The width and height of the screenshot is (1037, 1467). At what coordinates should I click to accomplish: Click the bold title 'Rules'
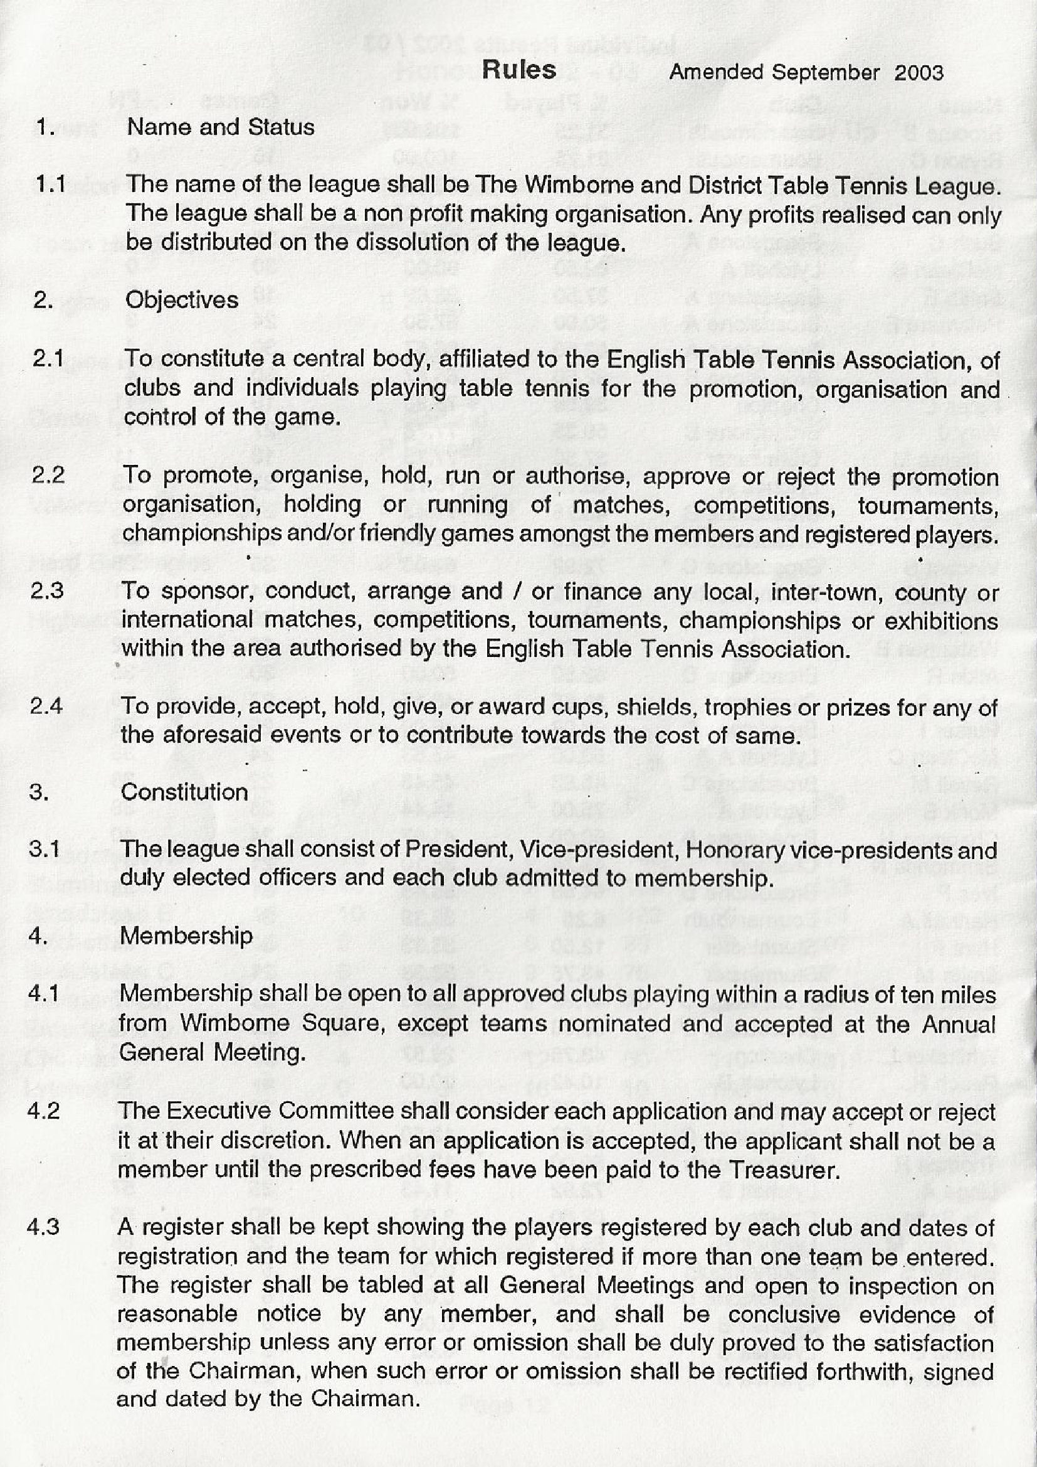(518, 70)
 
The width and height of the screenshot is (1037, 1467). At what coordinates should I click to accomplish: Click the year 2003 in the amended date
(919, 72)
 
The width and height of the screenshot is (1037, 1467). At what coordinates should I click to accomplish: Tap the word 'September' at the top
(825, 72)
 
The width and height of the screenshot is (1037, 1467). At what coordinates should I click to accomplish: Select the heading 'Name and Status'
(220, 127)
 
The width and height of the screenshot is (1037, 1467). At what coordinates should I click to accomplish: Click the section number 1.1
(50, 184)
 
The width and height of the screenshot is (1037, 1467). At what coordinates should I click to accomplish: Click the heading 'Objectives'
(181, 300)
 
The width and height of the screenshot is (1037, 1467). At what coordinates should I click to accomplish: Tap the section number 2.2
(48, 475)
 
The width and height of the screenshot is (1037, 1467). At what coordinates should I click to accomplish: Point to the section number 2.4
(46, 706)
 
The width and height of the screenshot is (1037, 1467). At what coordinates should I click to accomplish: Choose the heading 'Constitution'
(184, 792)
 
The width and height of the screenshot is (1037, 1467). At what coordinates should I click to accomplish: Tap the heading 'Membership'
(186, 936)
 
